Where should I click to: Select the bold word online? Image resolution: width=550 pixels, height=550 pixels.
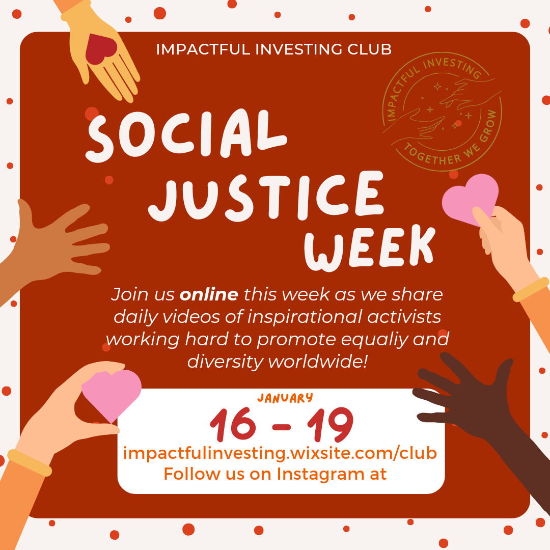point(209,294)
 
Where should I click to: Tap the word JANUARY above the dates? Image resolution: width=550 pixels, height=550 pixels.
point(285,398)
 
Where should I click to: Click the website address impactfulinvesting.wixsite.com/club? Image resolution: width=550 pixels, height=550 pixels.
point(280,453)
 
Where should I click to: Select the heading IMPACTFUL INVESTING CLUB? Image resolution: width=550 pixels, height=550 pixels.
point(274,49)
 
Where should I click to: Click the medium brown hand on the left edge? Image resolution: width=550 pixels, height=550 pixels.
point(56,244)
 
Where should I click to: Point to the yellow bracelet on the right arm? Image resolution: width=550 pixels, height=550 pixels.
point(531,289)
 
